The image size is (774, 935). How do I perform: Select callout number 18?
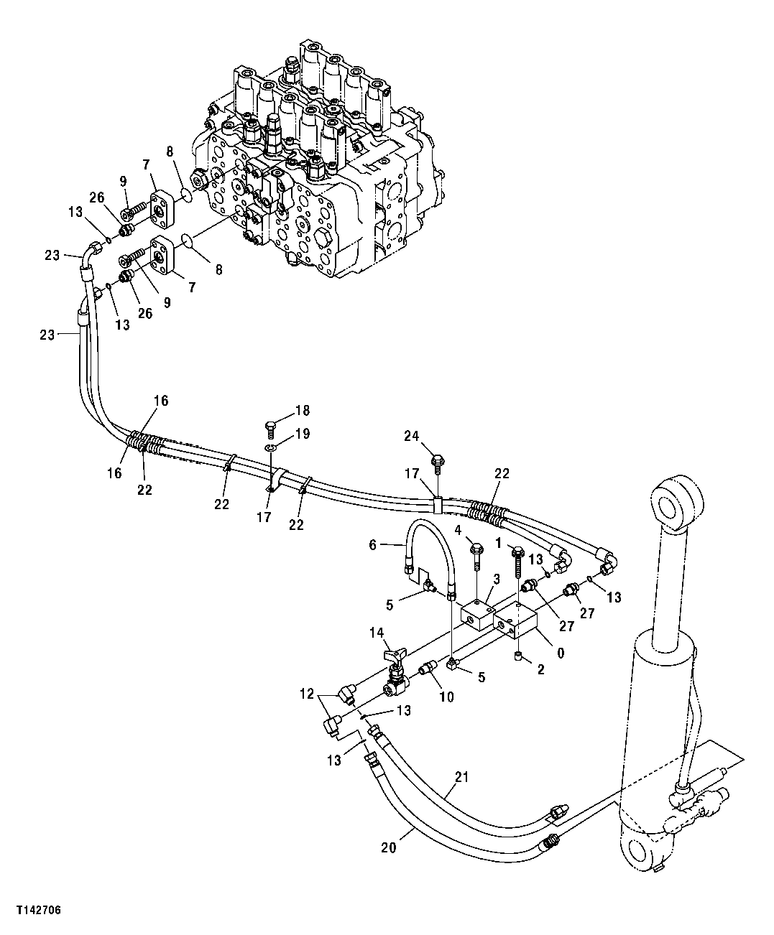coord(302,411)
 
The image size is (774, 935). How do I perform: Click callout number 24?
coord(410,435)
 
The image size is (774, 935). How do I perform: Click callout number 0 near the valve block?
coord(560,653)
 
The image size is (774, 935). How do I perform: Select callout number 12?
coord(307,694)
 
